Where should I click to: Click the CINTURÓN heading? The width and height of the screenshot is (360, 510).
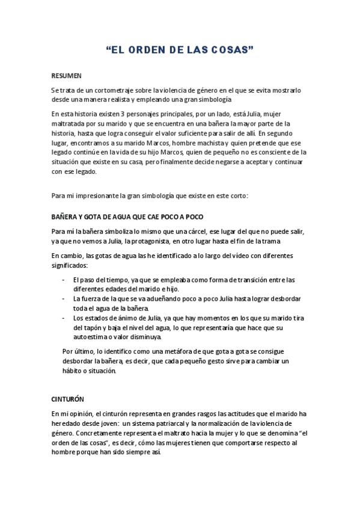tap(67, 399)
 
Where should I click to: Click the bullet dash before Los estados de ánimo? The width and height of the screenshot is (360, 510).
tap(64, 319)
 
